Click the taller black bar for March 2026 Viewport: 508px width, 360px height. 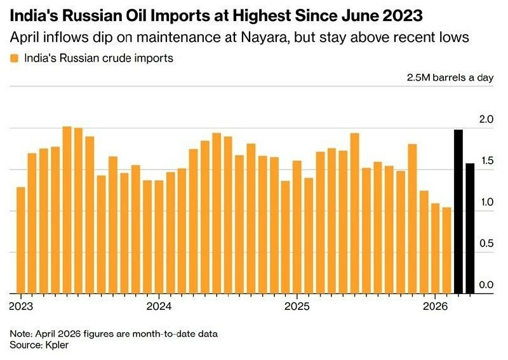pyautogui.click(x=458, y=211)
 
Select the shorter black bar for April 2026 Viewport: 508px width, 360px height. pyautogui.click(x=470, y=229)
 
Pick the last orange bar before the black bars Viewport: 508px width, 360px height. pyautogui.click(x=446, y=250)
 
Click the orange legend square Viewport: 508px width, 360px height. pyautogui.click(x=15, y=59)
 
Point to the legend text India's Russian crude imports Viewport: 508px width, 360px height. pyautogui.click(x=98, y=59)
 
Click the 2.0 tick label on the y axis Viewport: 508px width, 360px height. pyautogui.click(x=485, y=119)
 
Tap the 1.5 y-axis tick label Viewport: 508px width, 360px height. pyautogui.click(x=485, y=161)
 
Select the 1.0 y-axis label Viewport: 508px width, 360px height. pyautogui.click(x=485, y=203)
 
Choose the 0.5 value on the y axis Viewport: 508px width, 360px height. pyautogui.click(x=485, y=244)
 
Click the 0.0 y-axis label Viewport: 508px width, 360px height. pyautogui.click(x=485, y=285)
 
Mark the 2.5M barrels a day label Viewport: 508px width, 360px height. pyautogui.click(x=450, y=78)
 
